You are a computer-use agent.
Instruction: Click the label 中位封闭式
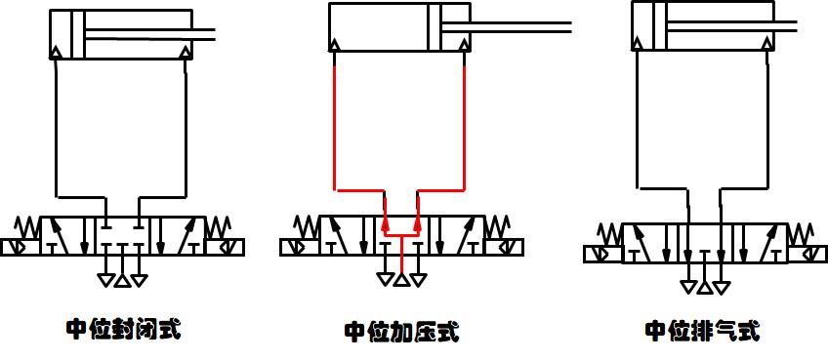tap(123, 328)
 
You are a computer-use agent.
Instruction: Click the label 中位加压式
tap(401, 332)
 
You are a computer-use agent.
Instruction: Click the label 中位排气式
tap(701, 330)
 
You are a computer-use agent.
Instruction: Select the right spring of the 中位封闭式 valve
tap(217, 227)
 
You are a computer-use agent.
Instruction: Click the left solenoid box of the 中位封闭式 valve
tap(15, 248)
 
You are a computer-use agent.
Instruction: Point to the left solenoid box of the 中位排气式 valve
tap(602, 254)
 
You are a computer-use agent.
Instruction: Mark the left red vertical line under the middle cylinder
tap(335, 117)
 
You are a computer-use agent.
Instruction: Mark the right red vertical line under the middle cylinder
tap(463, 117)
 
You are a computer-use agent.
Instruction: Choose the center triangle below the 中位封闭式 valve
tap(121, 281)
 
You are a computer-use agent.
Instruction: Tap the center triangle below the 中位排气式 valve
tap(704, 287)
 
